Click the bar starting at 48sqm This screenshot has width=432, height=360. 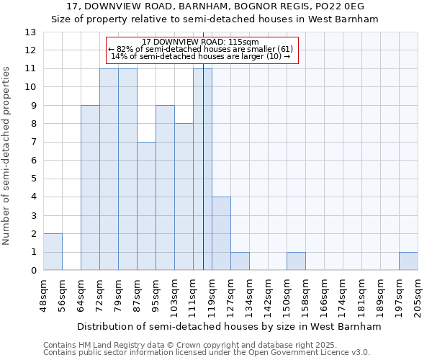click(x=53, y=252)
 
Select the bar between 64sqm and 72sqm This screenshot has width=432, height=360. click(x=90, y=188)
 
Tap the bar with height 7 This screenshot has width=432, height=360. click(x=146, y=206)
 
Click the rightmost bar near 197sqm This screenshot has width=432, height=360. click(x=408, y=261)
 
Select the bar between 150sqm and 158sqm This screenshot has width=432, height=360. click(x=296, y=261)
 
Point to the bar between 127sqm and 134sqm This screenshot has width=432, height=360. click(x=240, y=261)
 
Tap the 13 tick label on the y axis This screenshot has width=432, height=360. click(x=30, y=32)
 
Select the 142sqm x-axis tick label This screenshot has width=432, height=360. click(x=269, y=295)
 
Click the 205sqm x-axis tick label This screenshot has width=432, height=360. click(x=418, y=295)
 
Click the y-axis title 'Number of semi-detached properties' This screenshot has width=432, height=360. click(x=7, y=156)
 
